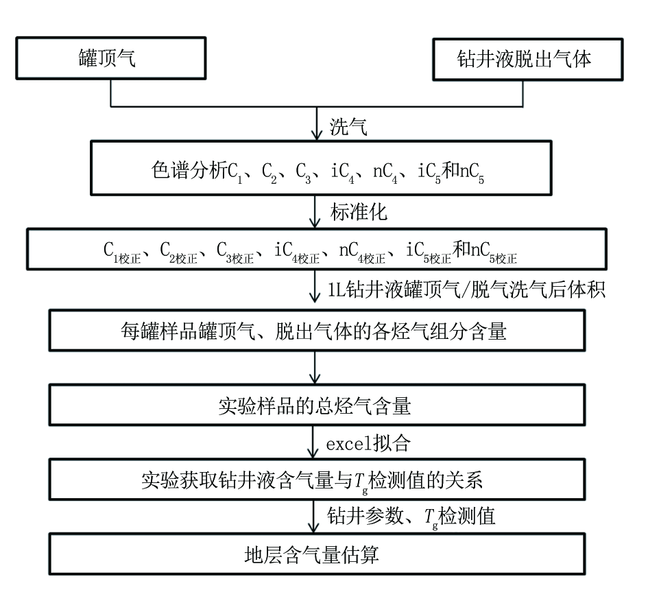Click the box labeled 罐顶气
coord(111,58)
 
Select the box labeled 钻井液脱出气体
coord(528,60)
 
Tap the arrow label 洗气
coord(348,126)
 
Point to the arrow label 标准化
coord(359,212)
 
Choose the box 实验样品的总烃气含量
coord(317,405)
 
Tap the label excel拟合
coord(368,444)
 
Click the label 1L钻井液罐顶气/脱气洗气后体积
coord(466,290)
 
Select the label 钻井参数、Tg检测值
coord(411,517)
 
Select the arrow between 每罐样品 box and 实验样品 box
coord(315,368)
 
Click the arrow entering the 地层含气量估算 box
coord(313,517)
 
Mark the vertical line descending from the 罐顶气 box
coord(111,93)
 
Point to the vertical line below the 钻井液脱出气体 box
coord(523,94)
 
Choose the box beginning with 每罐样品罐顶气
coord(317,331)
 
